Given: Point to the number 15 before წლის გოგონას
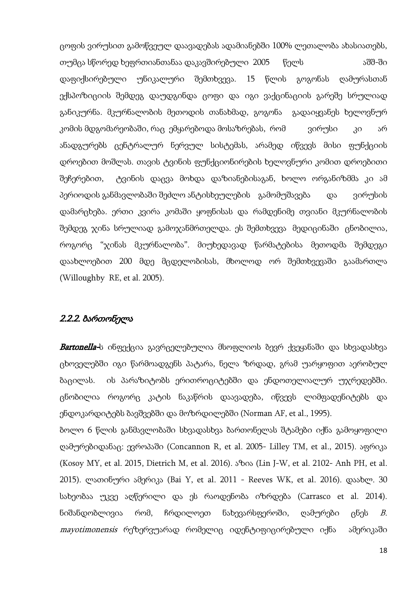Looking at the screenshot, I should (x=251, y=79).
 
